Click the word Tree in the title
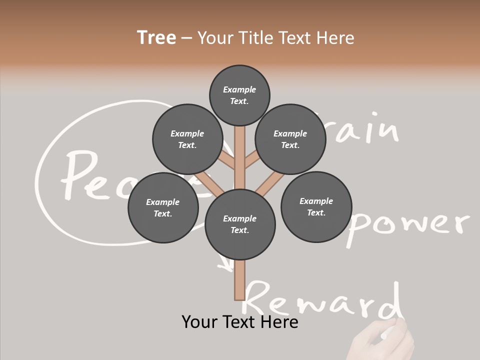[x=156, y=38]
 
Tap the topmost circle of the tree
[x=239, y=95]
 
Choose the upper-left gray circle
[x=187, y=139]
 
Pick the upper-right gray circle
[x=290, y=139]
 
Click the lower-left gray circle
[x=163, y=207]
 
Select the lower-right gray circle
[x=316, y=206]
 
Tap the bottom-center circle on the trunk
[x=240, y=224]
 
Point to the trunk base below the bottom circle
[x=239, y=280]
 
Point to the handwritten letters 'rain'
[x=365, y=128]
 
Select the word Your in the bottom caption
[x=200, y=322]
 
